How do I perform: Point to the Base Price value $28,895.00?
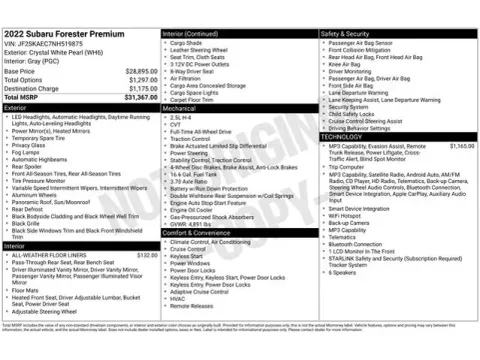(136, 72)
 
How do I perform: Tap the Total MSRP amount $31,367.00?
(136, 96)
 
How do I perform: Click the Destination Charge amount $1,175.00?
(136, 88)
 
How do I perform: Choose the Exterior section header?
(15, 105)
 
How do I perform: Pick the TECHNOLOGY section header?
(343, 136)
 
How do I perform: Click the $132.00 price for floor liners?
(147, 255)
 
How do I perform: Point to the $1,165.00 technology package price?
(461, 145)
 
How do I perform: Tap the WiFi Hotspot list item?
(347, 215)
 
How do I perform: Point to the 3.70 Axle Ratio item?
(191, 180)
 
